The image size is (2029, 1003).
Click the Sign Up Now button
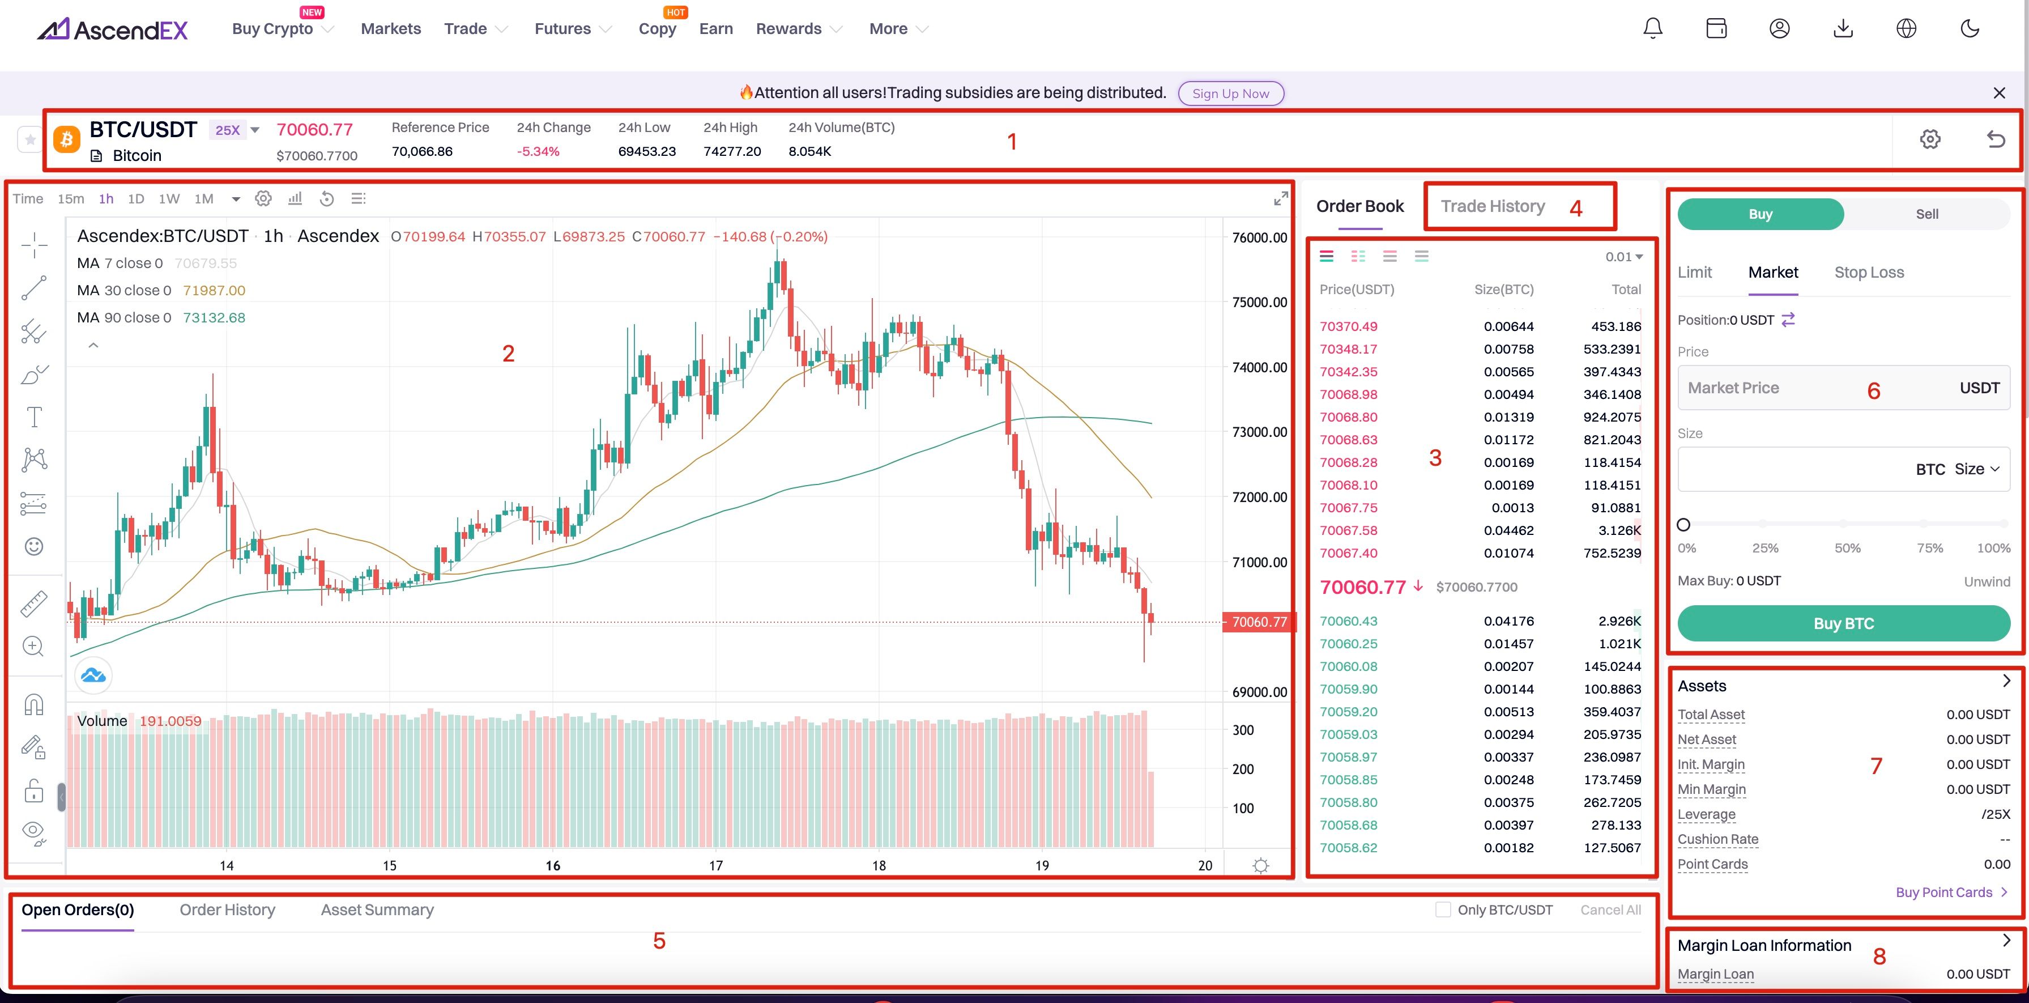(1230, 93)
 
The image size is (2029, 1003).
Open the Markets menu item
(391, 29)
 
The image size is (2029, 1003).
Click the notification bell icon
(1652, 28)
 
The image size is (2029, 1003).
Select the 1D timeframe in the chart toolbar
(135, 198)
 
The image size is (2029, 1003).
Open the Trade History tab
(1493, 206)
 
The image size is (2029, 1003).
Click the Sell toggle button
(1926, 214)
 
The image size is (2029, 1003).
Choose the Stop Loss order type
(1868, 273)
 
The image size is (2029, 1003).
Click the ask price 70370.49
(1349, 326)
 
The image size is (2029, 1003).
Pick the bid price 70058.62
(1349, 848)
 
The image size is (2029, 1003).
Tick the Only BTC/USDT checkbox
(1443, 910)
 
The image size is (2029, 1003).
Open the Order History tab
(227, 910)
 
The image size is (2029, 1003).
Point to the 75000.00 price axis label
(1259, 303)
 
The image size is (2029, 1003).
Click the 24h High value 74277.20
(732, 151)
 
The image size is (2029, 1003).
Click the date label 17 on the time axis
(715, 866)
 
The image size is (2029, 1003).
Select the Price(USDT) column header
(1356, 290)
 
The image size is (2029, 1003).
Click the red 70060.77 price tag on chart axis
(1259, 622)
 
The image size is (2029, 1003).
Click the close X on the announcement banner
(1999, 93)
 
